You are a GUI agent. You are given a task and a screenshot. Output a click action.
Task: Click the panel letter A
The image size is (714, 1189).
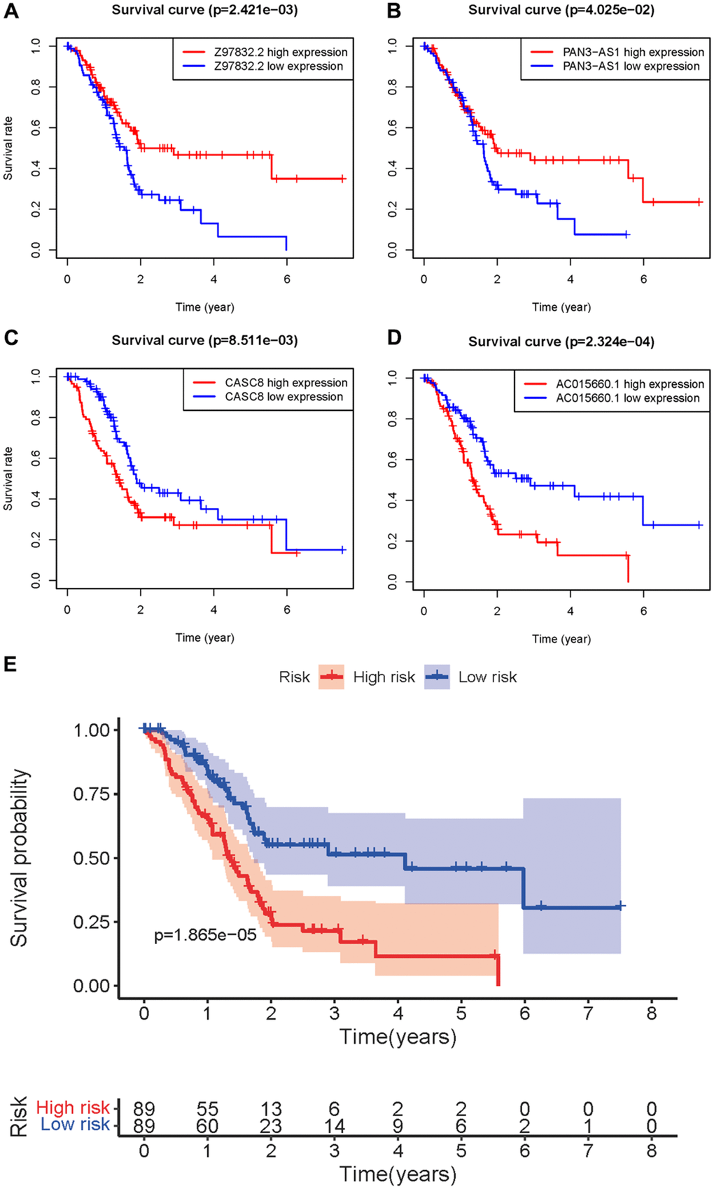coord(11,11)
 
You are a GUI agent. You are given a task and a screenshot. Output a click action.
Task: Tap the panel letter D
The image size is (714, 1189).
coord(394,338)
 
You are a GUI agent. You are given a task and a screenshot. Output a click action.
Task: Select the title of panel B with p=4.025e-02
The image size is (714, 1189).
coord(561,10)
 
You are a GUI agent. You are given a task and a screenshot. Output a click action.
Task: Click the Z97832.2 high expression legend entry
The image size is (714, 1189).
coord(280,52)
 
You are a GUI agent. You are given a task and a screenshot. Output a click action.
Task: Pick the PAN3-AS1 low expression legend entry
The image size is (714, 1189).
coord(631,66)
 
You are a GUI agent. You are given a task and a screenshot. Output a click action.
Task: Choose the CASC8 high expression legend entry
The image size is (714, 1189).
coord(286,383)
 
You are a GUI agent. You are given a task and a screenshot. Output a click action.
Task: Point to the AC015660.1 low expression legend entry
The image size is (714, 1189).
coord(627,398)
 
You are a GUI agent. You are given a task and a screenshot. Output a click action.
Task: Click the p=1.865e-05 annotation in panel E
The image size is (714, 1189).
coord(205,935)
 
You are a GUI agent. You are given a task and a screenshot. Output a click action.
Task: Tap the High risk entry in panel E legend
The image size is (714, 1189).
coord(384,677)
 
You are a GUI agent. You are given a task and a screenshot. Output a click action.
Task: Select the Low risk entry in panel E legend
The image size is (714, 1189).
coord(487,677)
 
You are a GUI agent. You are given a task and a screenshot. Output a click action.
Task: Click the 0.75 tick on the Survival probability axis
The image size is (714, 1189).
coord(91,794)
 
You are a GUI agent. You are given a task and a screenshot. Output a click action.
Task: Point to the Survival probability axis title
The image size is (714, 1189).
coord(20,858)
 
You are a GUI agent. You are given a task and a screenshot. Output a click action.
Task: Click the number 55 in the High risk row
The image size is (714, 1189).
coord(207,1109)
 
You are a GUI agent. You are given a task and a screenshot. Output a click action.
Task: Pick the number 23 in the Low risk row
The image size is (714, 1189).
coord(271,1125)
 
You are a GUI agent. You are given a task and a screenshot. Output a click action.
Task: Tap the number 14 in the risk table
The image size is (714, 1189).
coord(334,1125)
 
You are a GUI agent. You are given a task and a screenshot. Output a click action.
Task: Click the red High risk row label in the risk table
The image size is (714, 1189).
coord(73,1108)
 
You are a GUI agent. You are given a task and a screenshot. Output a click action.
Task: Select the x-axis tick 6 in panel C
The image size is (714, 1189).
coord(287,610)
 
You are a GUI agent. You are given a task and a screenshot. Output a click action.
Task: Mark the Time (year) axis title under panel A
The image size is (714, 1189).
coord(204,307)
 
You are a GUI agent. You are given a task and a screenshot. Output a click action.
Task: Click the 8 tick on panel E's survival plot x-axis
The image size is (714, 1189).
coord(652,1013)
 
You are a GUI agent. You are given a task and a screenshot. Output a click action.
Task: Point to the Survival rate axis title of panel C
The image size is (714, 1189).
coord(8,479)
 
